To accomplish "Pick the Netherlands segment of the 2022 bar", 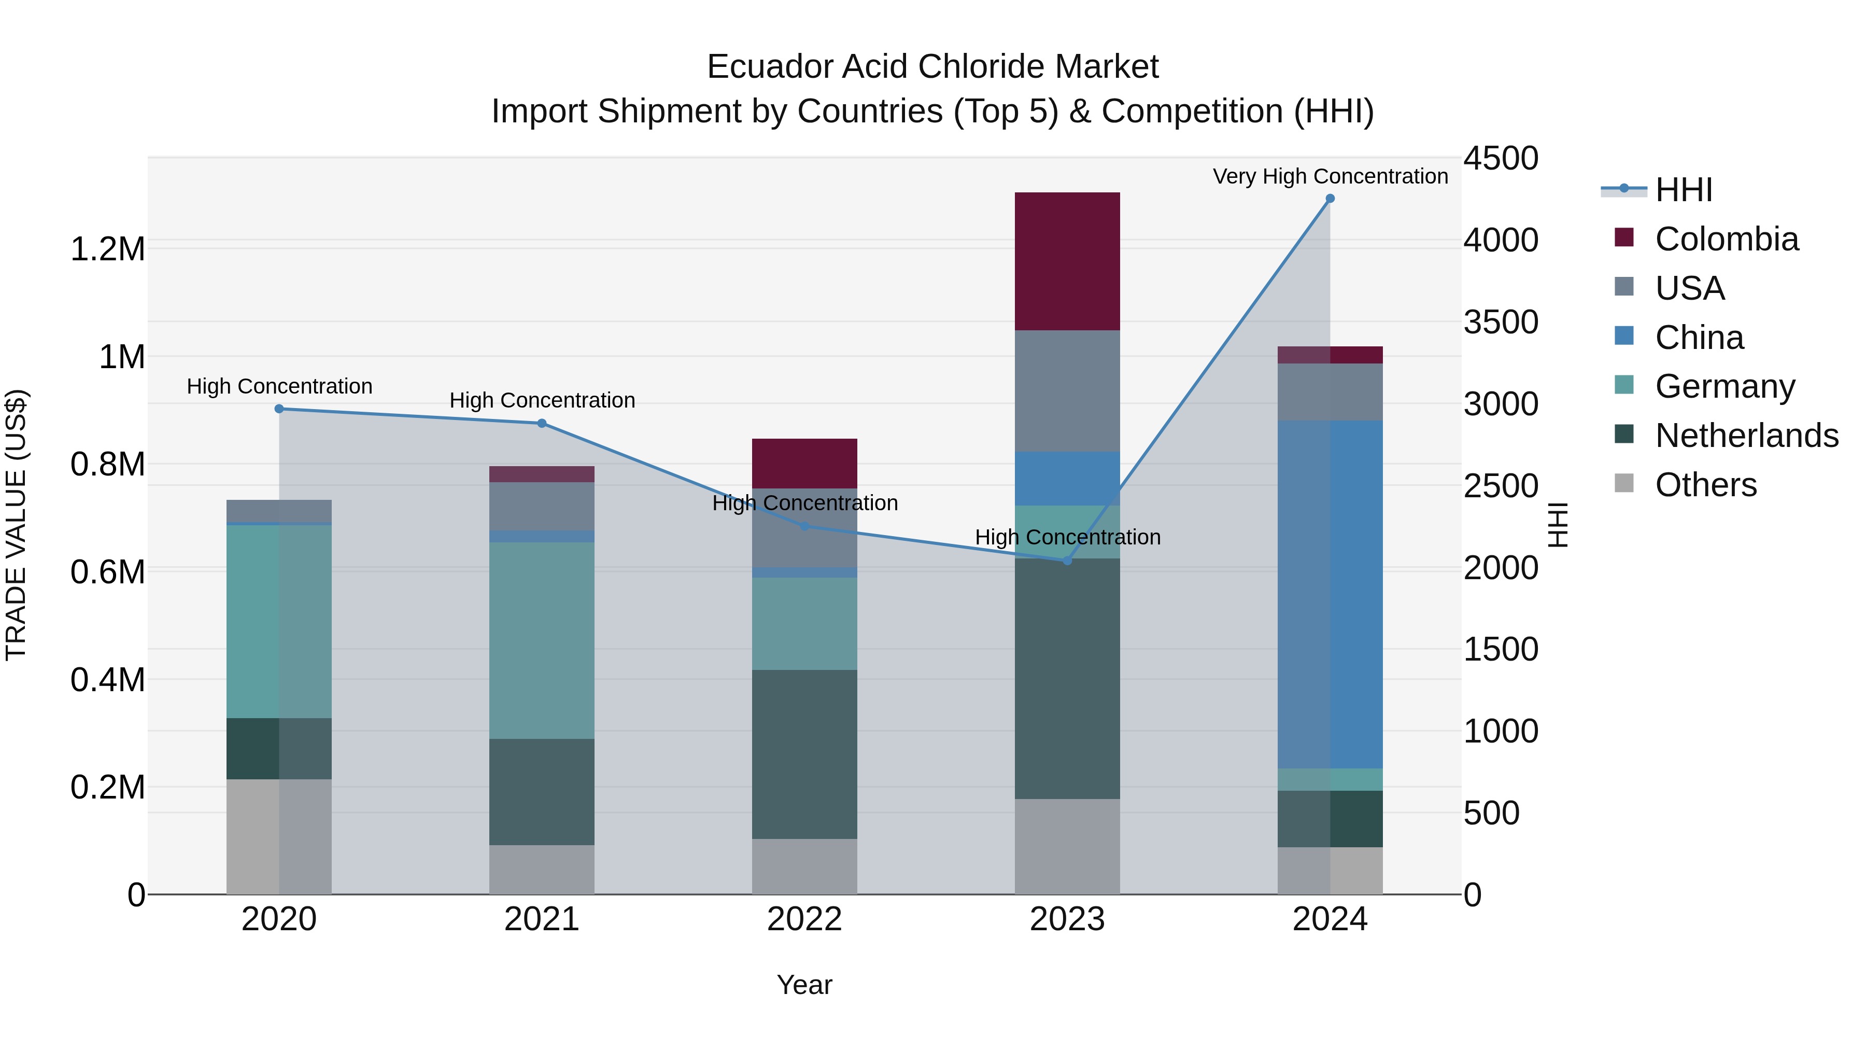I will (x=804, y=753).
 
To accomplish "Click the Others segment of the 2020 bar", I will (x=279, y=836).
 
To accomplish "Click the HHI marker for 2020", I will (x=279, y=409).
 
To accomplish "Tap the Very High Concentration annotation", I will (x=1330, y=176).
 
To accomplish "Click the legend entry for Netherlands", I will (x=1746, y=436).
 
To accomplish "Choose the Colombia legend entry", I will (x=1726, y=239).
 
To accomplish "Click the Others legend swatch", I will (x=1624, y=483).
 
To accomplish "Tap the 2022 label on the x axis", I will (x=804, y=919).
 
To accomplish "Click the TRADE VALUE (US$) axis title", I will (x=16, y=525).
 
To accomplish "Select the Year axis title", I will (x=804, y=985).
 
